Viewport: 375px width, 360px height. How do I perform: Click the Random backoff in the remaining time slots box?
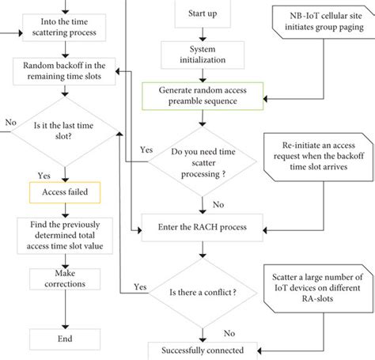point(66,71)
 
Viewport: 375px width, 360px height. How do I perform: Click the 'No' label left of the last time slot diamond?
point(10,123)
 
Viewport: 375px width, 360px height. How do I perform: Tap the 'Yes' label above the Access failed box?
point(45,174)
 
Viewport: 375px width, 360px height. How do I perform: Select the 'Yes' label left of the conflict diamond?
point(140,286)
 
